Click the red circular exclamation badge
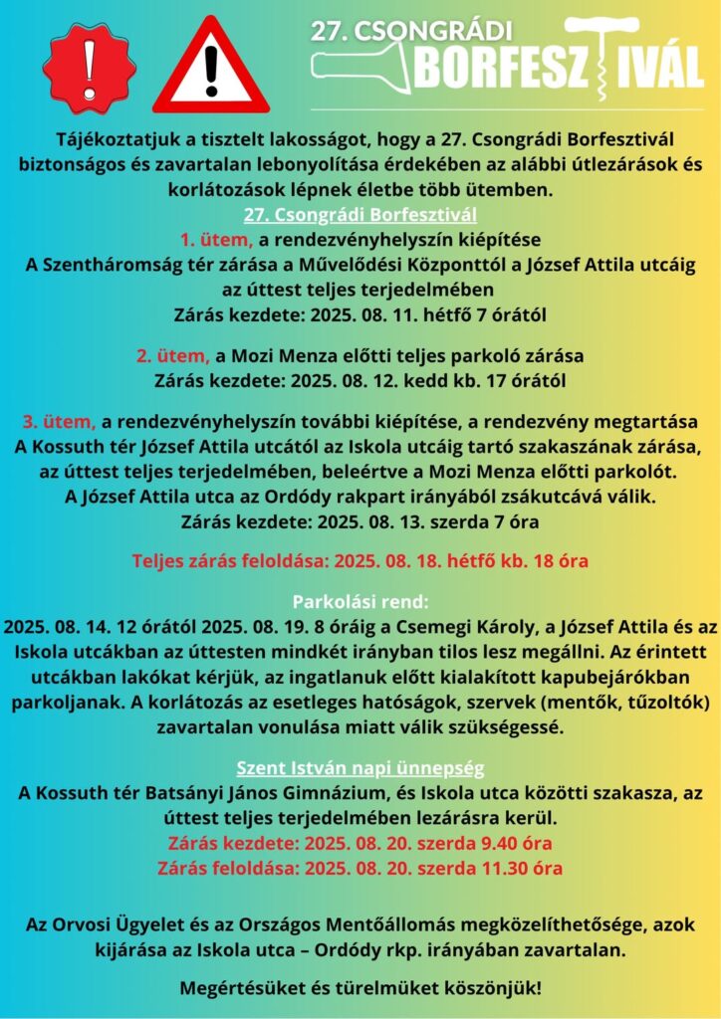pyautogui.click(x=90, y=68)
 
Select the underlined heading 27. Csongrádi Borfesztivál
pyautogui.click(x=360, y=215)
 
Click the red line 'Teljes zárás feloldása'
pyautogui.click(x=360, y=560)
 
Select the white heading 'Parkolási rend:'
pyautogui.click(x=360, y=603)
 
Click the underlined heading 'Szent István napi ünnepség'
pyautogui.click(x=360, y=769)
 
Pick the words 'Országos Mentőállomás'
pyautogui.click(x=371, y=925)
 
